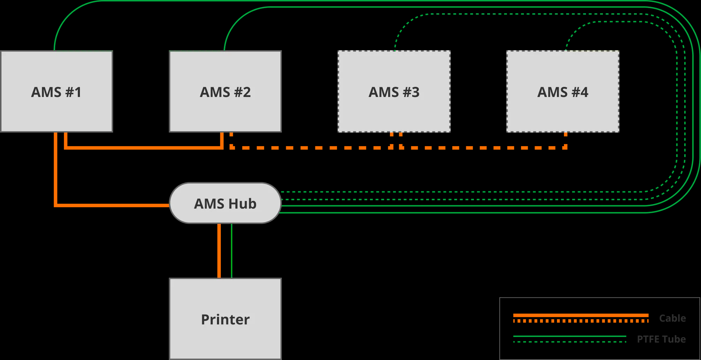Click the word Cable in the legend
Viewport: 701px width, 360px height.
[672, 318]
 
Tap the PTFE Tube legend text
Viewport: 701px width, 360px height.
[661, 339]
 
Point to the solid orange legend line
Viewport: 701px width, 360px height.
[580, 315]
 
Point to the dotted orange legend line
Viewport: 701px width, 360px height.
[580, 321]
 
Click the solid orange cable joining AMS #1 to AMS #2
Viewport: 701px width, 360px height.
[144, 148]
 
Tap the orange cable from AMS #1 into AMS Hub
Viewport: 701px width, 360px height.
[56, 175]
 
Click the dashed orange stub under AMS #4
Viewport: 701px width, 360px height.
[565, 140]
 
